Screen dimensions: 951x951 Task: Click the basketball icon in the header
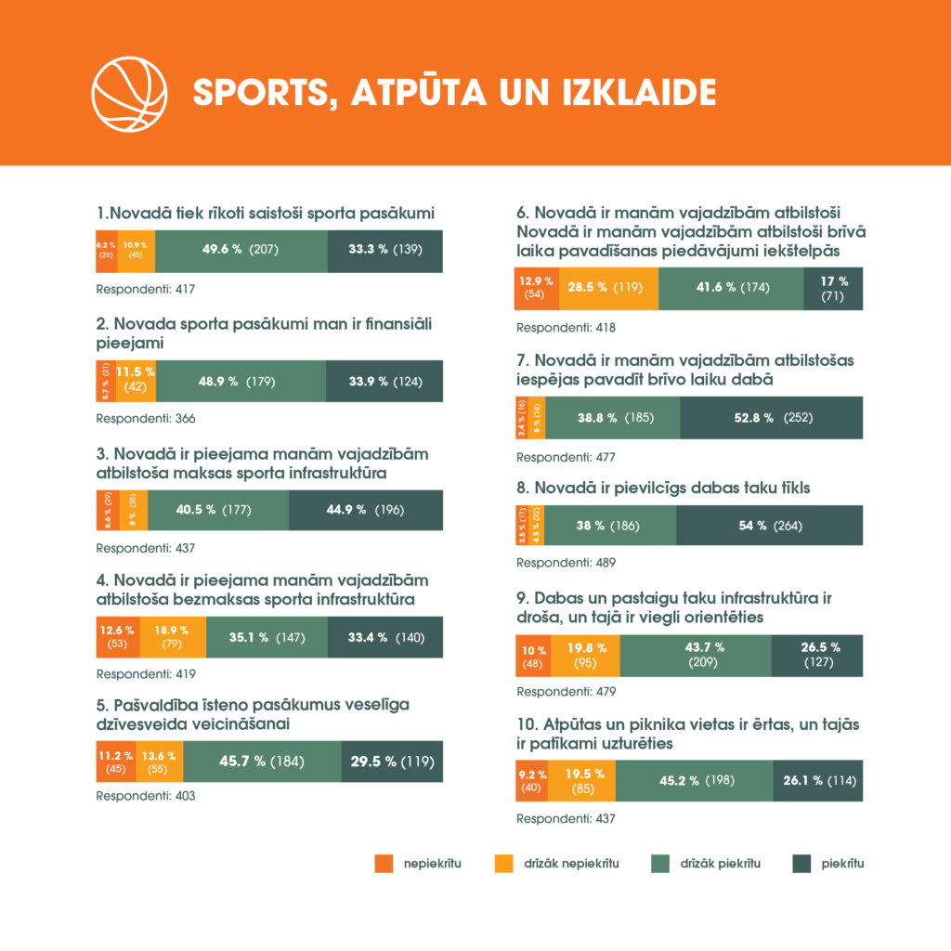pyautogui.click(x=129, y=93)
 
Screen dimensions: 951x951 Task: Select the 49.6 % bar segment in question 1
pyautogui.click(x=241, y=250)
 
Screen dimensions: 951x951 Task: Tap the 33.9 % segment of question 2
pyautogui.click(x=384, y=381)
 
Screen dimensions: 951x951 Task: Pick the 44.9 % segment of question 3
pyautogui.click(x=366, y=510)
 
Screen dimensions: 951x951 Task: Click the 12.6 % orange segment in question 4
pyautogui.click(x=118, y=636)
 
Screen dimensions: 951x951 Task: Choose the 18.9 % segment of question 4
pyautogui.click(x=172, y=636)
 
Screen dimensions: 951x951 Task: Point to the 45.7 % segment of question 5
pyautogui.click(x=262, y=762)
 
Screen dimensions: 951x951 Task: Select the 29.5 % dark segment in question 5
pyautogui.click(x=392, y=762)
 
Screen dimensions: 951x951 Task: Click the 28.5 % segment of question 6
pyautogui.click(x=609, y=288)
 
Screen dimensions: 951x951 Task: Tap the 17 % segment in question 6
pyautogui.click(x=834, y=288)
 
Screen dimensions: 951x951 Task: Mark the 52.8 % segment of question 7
pyautogui.click(x=772, y=418)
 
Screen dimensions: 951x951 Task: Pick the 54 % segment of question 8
pyautogui.click(x=770, y=526)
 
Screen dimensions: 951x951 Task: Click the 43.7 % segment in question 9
pyautogui.click(x=696, y=656)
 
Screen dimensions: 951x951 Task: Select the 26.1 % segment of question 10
pyautogui.click(x=818, y=780)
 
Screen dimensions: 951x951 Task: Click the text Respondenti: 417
pyautogui.click(x=146, y=290)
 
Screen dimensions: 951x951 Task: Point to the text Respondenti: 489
pyautogui.click(x=566, y=563)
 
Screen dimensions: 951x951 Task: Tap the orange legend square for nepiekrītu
pyautogui.click(x=384, y=864)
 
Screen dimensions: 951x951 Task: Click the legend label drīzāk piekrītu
pyautogui.click(x=721, y=864)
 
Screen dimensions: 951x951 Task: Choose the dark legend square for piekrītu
pyautogui.click(x=801, y=864)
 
